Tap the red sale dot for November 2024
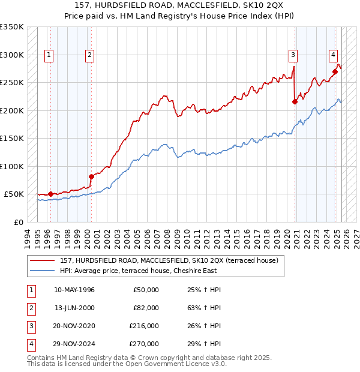(x=335, y=72)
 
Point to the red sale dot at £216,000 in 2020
(x=295, y=102)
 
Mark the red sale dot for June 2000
(x=92, y=176)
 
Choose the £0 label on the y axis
(x=18, y=222)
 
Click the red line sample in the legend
(x=42, y=261)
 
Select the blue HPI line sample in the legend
(x=42, y=271)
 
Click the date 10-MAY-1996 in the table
(x=74, y=290)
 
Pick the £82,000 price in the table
(x=146, y=308)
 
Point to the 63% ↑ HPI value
(x=200, y=308)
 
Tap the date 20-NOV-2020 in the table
(x=74, y=326)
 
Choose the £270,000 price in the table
(x=144, y=344)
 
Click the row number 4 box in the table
(x=31, y=344)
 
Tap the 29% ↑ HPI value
(x=200, y=344)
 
